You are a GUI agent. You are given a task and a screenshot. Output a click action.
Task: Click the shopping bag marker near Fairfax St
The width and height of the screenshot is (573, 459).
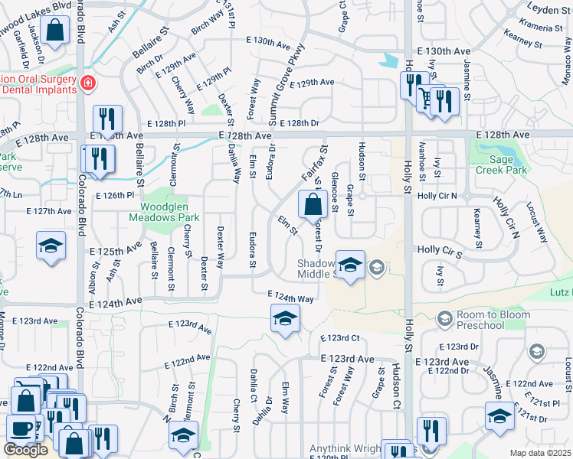(313, 205)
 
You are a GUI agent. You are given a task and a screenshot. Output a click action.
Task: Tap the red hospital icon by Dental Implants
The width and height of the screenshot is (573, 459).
(89, 83)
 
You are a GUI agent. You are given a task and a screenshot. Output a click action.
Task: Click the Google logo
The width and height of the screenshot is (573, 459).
(25, 450)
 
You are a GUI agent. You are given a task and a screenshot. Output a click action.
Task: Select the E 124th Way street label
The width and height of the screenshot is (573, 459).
(290, 298)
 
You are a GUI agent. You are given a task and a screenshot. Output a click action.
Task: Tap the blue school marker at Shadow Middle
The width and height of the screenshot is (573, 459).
(350, 265)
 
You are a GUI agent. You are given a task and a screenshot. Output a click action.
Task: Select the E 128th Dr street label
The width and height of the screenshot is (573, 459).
(298, 122)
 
